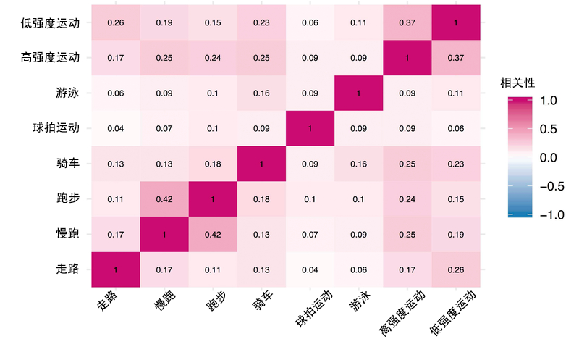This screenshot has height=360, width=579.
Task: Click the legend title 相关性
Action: (x=518, y=83)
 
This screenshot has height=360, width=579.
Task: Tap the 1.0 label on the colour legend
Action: (x=548, y=102)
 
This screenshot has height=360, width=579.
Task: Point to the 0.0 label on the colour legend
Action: (x=548, y=157)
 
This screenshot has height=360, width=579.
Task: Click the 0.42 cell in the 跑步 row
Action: (x=164, y=199)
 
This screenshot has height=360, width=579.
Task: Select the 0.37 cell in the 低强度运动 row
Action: (x=407, y=22)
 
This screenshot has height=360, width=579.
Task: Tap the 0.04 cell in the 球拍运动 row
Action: (x=115, y=129)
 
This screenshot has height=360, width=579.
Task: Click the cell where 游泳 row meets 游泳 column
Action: (x=358, y=93)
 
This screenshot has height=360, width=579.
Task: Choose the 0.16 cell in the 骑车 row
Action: (x=358, y=164)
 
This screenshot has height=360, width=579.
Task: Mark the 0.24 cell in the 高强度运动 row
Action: (x=213, y=58)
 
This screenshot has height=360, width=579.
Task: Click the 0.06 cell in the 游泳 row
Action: (x=115, y=93)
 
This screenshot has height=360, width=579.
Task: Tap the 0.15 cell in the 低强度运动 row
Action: (x=213, y=22)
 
